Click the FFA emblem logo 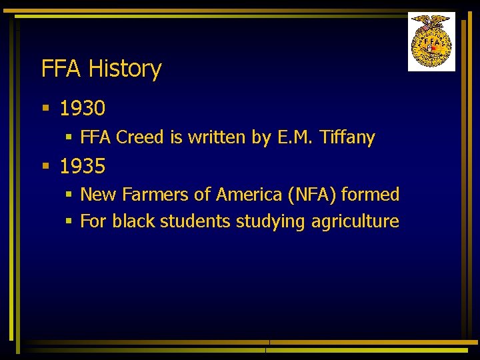pos(431,41)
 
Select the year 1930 pos(83,108)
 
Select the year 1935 pos(83,167)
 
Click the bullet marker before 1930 pos(45,108)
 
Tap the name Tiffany pos(347,138)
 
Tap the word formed pos(370,195)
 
